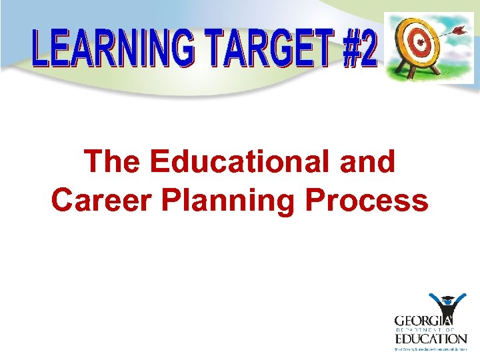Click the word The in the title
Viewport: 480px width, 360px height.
[113, 162]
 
